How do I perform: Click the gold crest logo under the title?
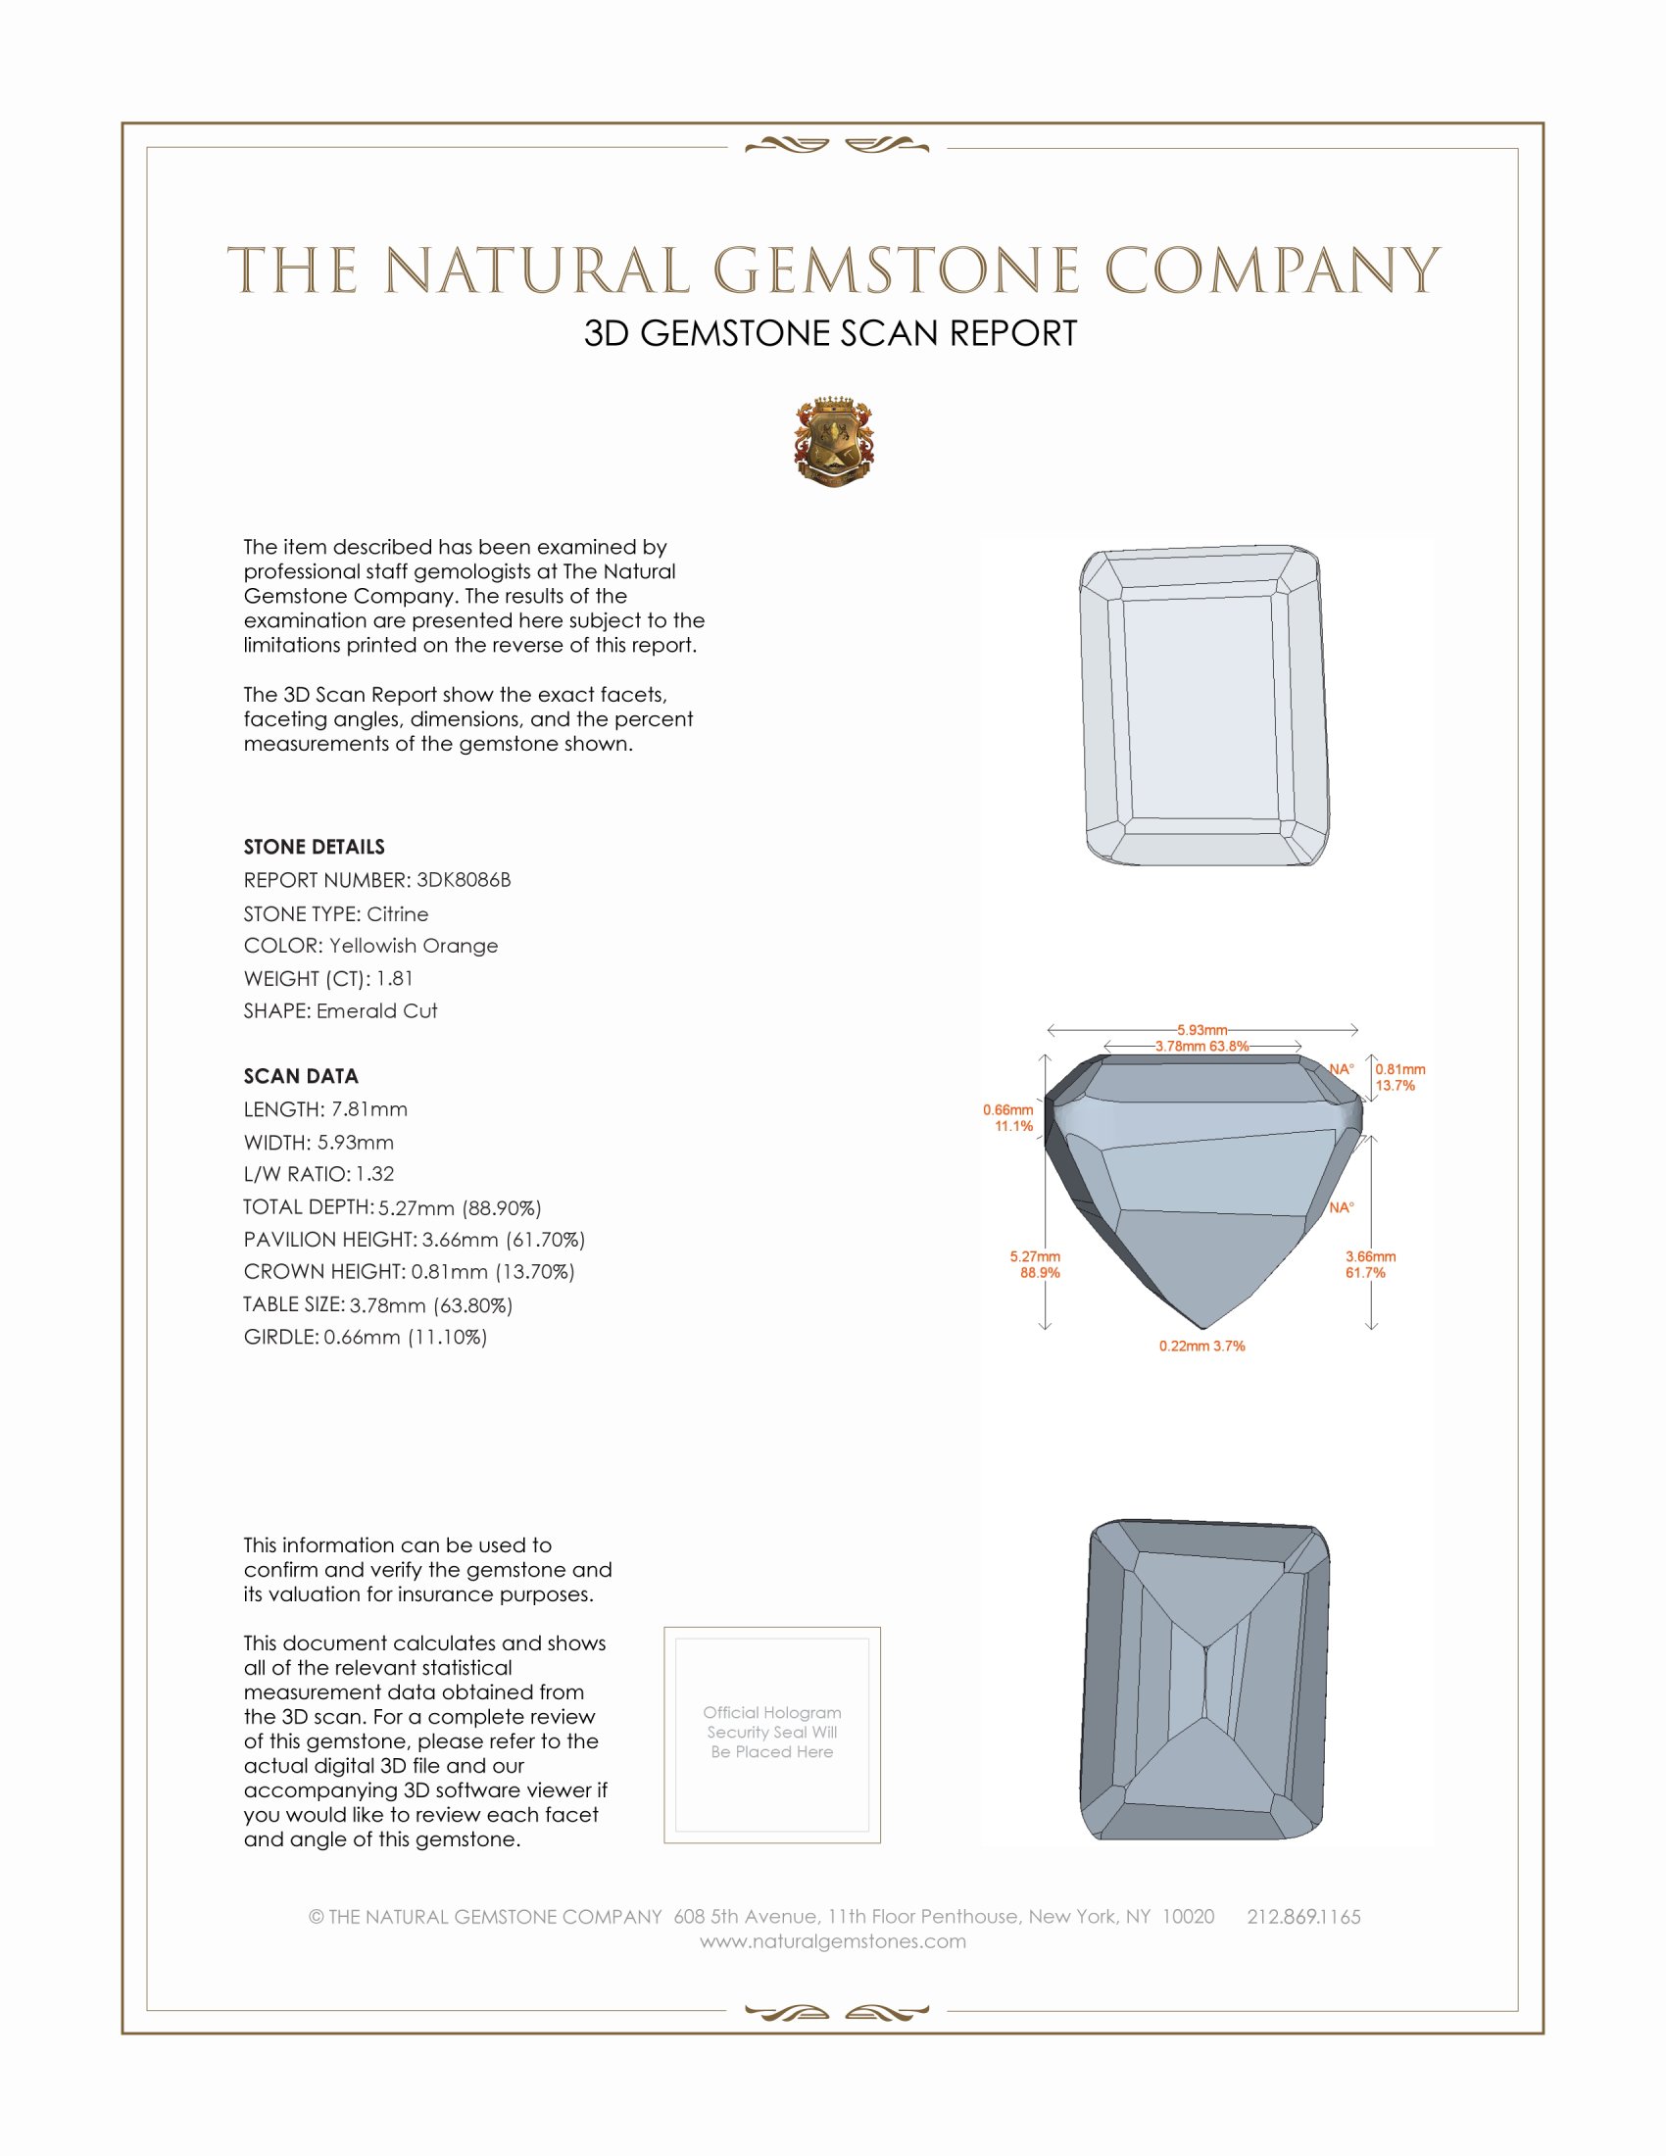(834, 442)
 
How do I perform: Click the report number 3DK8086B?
(463, 880)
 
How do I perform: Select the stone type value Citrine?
(397, 914)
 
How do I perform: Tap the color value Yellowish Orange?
(413, 946)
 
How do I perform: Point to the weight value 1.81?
(394, 978)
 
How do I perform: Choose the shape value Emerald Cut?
(376, 1011)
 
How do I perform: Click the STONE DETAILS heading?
(314, 847)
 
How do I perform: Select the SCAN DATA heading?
(301, 1076)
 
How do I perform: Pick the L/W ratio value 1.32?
(374, 1174)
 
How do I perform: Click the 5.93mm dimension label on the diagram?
(1201, 1030)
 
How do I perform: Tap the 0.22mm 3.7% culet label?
(1201, 1346)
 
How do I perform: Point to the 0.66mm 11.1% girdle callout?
(1007, 1117)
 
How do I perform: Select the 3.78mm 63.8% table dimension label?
(1201, 1047)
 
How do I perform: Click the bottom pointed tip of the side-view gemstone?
(1203, 1327)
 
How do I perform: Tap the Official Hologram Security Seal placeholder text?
(772, 1732)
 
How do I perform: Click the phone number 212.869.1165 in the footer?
(1302, 1916)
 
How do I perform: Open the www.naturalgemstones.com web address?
(833, 1940)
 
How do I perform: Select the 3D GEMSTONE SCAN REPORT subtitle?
(830, 333)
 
